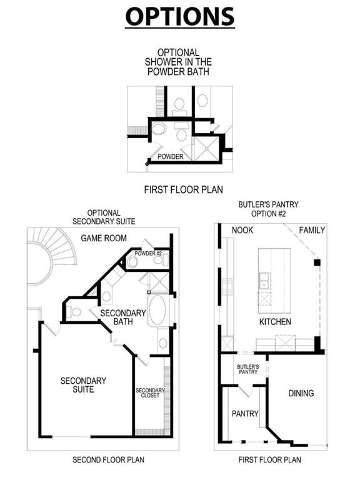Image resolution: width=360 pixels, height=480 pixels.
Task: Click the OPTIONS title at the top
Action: coord(180,16)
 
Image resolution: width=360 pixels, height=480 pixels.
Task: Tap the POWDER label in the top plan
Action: coord(170,156)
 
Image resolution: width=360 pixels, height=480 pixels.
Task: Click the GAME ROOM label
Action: coord(104,238)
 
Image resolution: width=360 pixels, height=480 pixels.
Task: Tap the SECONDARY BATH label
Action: coord(122,317)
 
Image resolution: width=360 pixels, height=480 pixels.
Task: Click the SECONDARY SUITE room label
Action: coord(83,384)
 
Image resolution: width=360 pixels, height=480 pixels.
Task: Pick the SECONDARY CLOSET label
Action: coord(150,394)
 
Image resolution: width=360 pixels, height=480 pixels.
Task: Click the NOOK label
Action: coord(242,230)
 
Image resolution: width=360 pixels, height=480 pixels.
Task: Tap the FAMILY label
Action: coord(311,230)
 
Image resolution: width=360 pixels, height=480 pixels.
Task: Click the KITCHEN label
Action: coord(276,322)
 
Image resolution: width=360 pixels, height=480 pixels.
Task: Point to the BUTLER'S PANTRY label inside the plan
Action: coord(247,369)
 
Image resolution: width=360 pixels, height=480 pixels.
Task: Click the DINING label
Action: coord(301,393)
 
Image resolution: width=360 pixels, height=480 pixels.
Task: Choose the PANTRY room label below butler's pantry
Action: coord(245,414)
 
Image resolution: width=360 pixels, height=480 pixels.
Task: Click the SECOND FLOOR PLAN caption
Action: coord(108,459)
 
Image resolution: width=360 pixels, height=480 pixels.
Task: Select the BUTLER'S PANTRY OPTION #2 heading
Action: coord(269,209)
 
